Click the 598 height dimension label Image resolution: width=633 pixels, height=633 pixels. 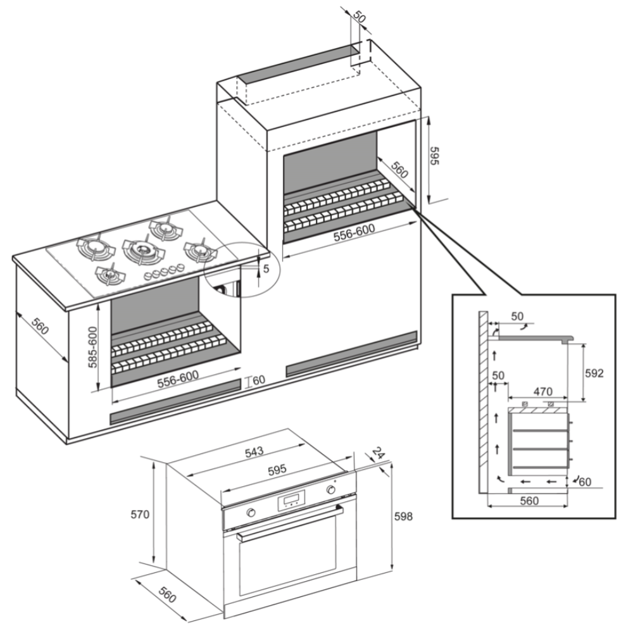(x=403, y=517)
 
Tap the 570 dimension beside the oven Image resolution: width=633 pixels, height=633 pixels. (x=140, y=514)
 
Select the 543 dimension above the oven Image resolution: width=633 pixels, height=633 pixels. (x=254, y=451)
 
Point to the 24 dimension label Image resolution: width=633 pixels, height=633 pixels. (x=379, y=454)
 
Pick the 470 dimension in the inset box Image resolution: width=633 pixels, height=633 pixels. (x=542, y=392)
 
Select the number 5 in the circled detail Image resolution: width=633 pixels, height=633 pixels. (x=266, y=268)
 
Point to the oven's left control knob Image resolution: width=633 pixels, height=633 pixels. (x=252, y=512)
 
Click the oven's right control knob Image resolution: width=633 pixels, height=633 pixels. (x=330, y=491)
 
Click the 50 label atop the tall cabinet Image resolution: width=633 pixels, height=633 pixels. (x=359, y=17)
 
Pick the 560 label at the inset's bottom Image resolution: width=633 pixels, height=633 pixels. (x=529, y=501)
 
